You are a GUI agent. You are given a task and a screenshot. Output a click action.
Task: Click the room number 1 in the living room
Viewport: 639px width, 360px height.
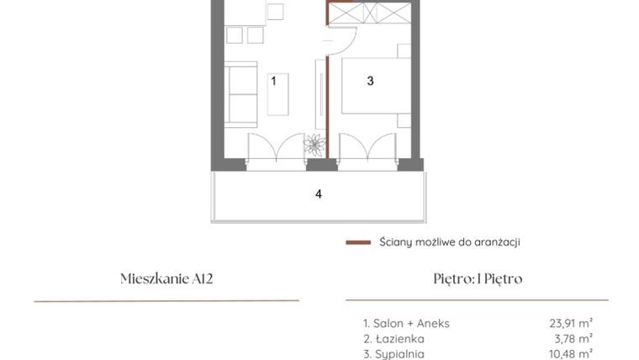273,81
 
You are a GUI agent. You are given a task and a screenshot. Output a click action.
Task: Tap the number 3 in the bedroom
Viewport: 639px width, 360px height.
370,81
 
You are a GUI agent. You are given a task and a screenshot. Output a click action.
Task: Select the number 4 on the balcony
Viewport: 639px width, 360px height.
318,194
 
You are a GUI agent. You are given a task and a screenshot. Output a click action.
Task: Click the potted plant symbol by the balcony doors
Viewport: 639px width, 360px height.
315,145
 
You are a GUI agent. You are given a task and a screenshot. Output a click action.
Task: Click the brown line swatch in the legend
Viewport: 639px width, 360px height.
358,242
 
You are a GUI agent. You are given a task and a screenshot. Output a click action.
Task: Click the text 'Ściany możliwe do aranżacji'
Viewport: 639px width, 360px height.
448,242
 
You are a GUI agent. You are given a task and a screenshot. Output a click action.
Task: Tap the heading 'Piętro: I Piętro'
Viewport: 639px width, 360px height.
477,279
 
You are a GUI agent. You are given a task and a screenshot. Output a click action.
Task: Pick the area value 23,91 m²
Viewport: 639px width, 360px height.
570,322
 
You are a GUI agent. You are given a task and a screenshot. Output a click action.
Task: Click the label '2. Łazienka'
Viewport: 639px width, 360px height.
388,338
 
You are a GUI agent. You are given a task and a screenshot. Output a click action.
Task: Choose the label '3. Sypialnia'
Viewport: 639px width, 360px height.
391,354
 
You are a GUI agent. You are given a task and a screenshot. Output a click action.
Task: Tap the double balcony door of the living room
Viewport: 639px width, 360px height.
275,146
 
